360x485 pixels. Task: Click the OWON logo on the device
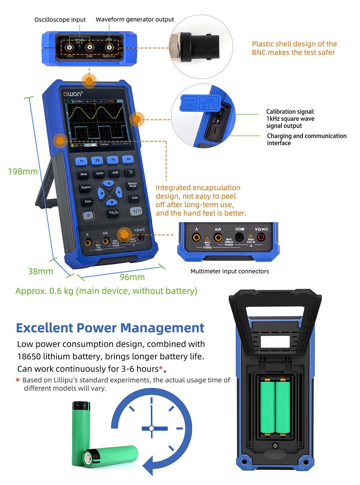(x=73, y=94)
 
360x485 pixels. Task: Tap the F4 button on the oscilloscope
(x=128, y=159)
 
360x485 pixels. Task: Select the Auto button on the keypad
(x=134, y=198)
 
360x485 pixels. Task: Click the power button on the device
(x=89, y=215)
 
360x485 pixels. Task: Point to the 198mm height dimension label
(x=23, y=171)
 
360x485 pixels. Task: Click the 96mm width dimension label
(x=132, y=277)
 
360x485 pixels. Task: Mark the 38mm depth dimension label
(x=40, y=271)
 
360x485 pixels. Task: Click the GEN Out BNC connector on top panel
(x=109, y=47)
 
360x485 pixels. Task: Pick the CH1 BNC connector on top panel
(x=70, y=47)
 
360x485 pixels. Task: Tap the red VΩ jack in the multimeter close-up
(x=260, y=237)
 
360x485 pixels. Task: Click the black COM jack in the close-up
(x=239, y=237)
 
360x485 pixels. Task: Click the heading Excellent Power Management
(x=110, y=328)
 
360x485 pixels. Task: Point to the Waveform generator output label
(x=135, y=19)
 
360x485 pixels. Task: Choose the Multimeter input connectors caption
(x=229, y=271)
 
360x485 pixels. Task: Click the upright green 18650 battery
(x=81, y=432)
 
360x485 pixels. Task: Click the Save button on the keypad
(x=88, y=201)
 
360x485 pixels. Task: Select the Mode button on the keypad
(x=84, y=174)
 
